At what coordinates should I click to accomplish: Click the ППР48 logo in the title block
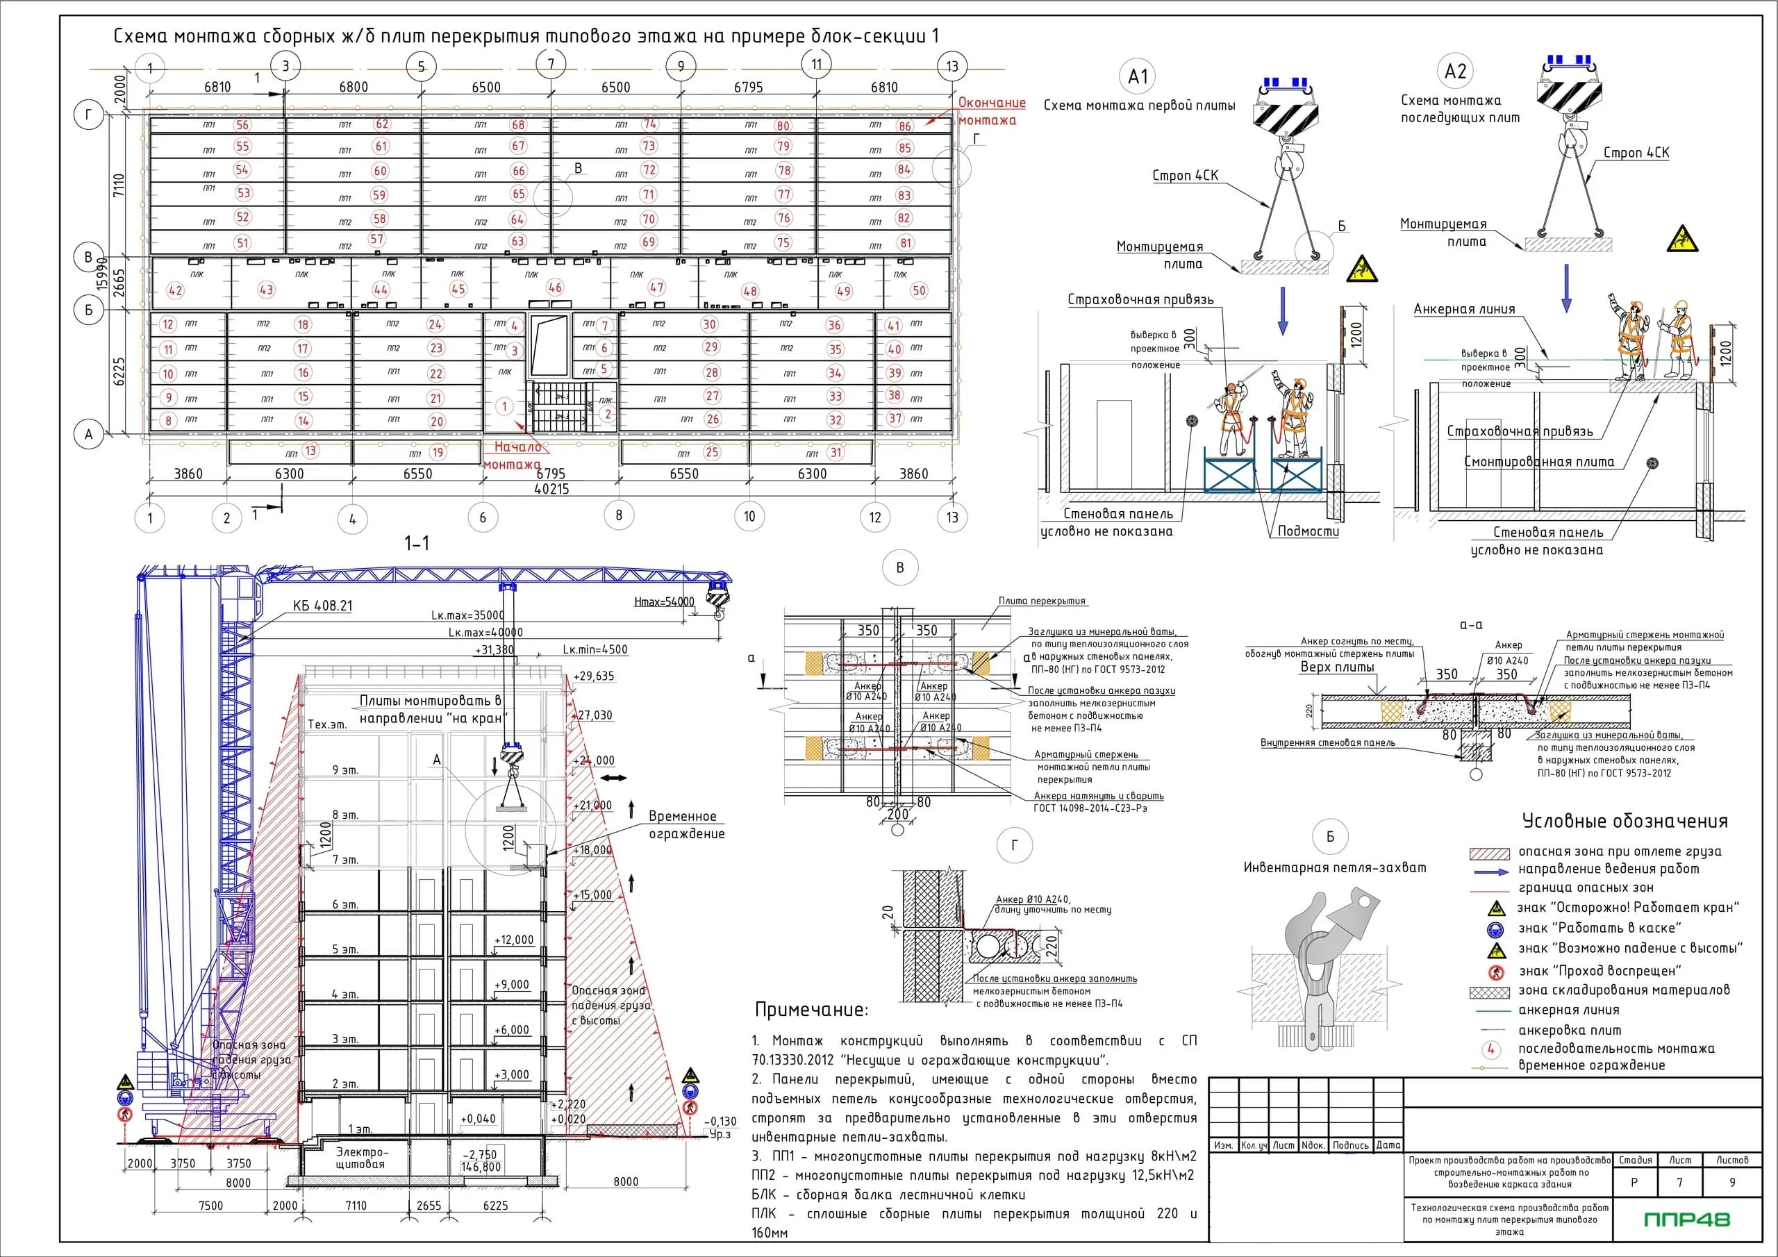(1686, 1219)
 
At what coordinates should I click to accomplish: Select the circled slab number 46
(555, 288)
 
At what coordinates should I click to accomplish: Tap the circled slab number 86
(904, 126)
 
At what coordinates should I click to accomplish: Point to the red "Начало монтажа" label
(513, 456)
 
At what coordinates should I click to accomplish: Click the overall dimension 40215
(551, 490)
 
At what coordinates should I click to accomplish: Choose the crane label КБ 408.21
(322, 606)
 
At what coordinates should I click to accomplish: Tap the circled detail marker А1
(1138, 76)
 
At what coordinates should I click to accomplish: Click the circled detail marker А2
(1455, 72)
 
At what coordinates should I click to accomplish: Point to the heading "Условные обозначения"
(1625, 821)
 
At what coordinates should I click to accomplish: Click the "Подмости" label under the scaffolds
(1308, 531)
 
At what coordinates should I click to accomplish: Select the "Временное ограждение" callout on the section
(686, 825)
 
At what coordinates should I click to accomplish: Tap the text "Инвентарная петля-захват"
(1334, 868)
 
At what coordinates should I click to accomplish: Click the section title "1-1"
(417, 544)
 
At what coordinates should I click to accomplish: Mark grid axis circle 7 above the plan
(551, 65)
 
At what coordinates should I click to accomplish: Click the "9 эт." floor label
(344, 770)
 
